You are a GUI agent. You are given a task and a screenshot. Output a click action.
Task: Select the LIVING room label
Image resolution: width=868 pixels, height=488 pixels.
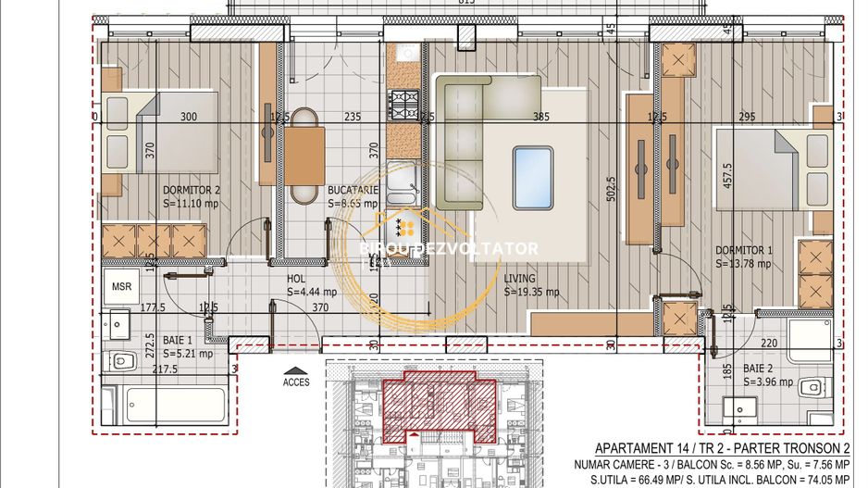click(521, 277)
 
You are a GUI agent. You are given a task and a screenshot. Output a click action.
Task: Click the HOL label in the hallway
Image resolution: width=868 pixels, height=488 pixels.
click(297, 277)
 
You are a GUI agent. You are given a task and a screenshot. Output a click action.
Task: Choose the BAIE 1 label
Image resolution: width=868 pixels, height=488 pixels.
click(179, 339)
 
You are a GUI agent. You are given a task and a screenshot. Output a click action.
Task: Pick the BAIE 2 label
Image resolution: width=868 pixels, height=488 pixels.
click(757, 368)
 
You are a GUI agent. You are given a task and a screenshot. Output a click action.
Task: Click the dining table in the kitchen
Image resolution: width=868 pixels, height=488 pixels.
click(304, 156)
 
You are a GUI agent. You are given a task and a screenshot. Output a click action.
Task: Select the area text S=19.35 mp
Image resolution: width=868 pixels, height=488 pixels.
click(531, 291)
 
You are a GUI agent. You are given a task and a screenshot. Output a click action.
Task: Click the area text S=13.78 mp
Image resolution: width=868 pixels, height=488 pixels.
click(743, 263)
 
